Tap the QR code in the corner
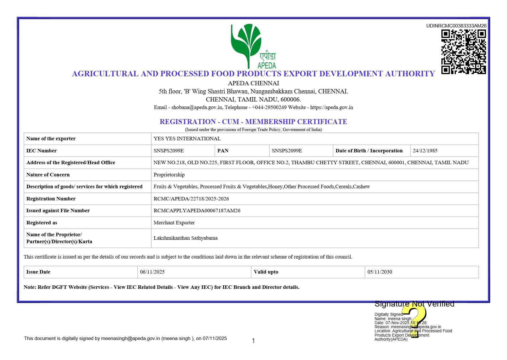(463, 52)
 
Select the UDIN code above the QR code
(456, 26)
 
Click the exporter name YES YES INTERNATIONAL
(187, 139)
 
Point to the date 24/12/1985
(425, 151)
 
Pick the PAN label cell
(223, 151)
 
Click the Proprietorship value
(169, 175)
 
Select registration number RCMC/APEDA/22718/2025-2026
(191, 199)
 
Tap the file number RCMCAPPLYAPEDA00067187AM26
(197, 211)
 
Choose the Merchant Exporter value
(174, 223)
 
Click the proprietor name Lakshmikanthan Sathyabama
(186, 238)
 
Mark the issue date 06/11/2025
(152, 272)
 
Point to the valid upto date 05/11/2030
(380, 272)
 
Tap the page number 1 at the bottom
(253, 341)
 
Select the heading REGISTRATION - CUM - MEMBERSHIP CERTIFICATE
(253, 122)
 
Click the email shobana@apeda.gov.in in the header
(197, 107)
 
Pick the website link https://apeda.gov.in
(332, 107)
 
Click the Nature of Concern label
(48, 175)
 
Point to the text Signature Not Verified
(414, 304)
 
